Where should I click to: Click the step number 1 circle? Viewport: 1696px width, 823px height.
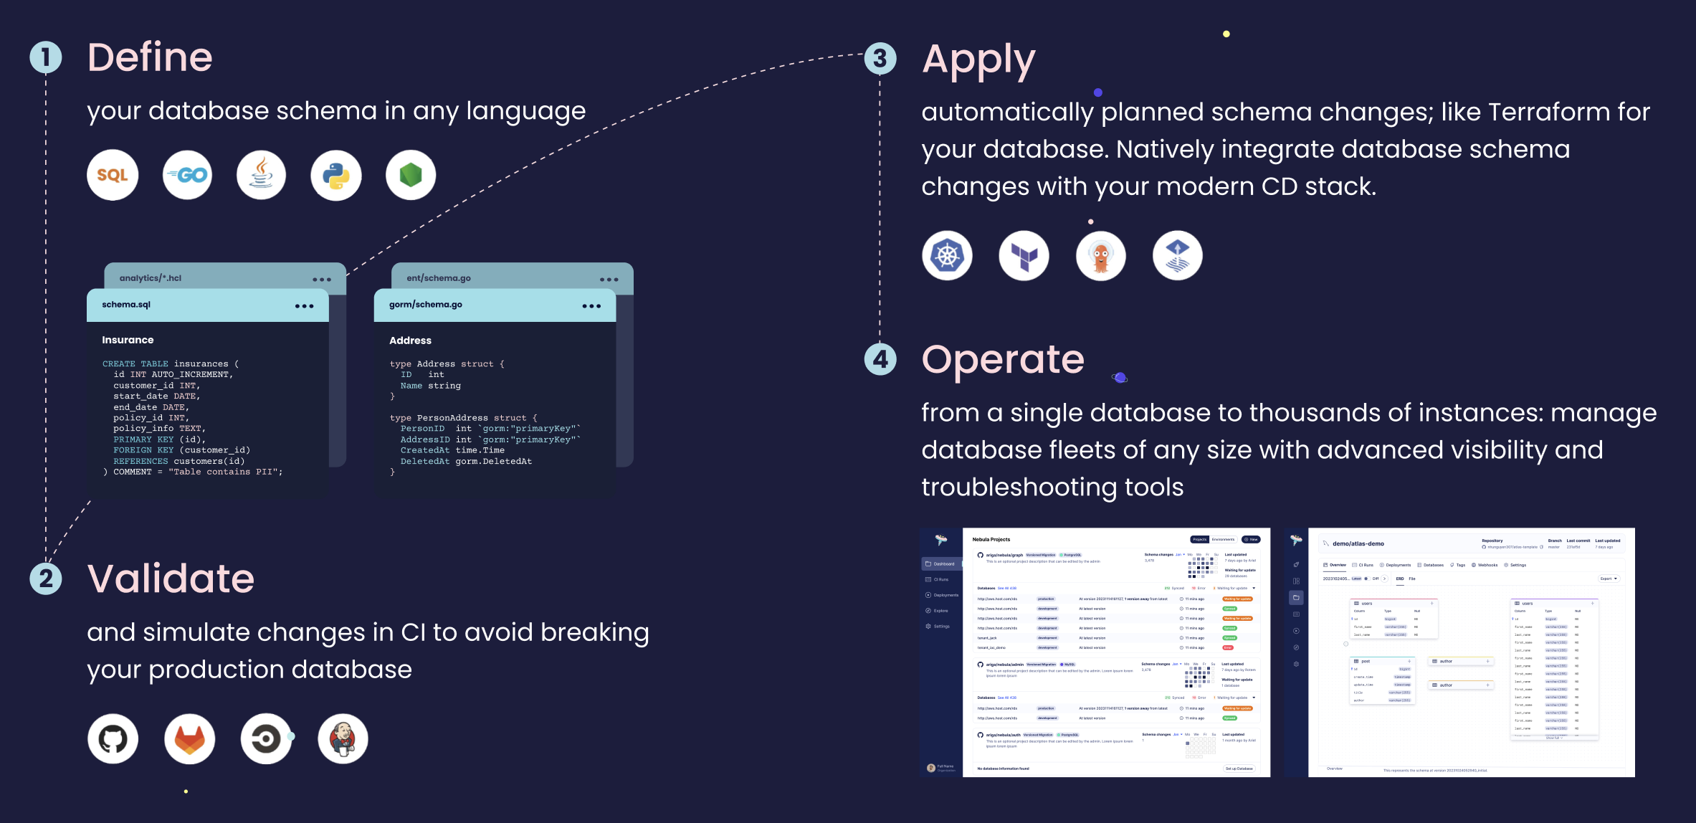tap(46, 57)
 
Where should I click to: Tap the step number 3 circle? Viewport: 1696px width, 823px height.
tap(880, 58)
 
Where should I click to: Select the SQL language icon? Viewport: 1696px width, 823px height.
tap(113, 175)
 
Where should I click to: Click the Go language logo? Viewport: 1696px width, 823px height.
tap(188, 175)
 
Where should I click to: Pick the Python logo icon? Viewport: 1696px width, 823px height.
tap(336, 175)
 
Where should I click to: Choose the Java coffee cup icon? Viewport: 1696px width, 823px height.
tap(262, 175)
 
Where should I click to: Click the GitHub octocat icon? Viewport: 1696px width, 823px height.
tap(113, 738)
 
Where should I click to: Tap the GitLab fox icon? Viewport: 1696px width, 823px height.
tap(189, 738)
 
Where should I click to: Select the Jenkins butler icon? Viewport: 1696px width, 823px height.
tap(343, 738)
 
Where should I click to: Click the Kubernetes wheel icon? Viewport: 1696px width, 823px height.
tap(947, 255)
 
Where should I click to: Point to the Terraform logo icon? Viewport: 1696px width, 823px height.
tap(1024, 255)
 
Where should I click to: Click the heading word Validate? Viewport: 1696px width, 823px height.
tap(171, 579)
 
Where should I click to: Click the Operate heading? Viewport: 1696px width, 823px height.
tap(1003, 359)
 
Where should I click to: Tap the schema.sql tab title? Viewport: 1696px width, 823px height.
tap(126, 305)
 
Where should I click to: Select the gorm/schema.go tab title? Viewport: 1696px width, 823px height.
tap(426, 305)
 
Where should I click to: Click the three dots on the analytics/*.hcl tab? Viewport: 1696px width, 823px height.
tap(322, 280)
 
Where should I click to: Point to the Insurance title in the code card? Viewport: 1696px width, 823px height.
tap(128, 340)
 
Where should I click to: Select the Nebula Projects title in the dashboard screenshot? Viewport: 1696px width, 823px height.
tap(991, 540)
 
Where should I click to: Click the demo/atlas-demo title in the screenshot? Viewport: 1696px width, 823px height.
tap(1358, 544)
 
